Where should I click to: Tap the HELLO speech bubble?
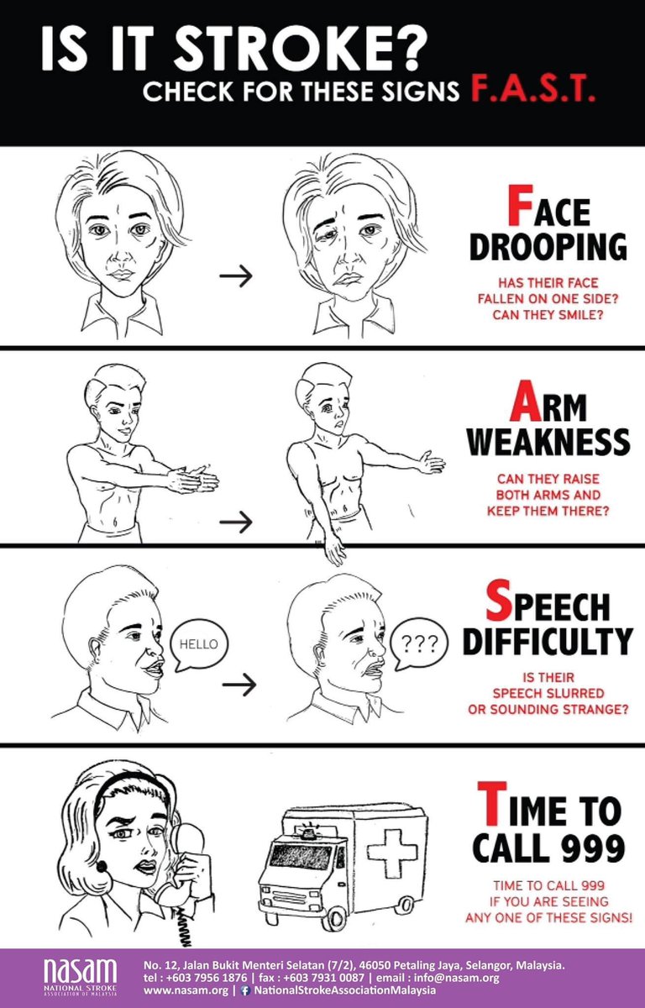pyautogui.click(x=198, y=644)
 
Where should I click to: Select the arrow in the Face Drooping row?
pyautogui.click(x=236, y=276)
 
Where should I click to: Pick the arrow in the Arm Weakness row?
pyautogui.click(x=236, y=522)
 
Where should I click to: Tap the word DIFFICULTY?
pyautogui.click(x=547, y=642)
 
